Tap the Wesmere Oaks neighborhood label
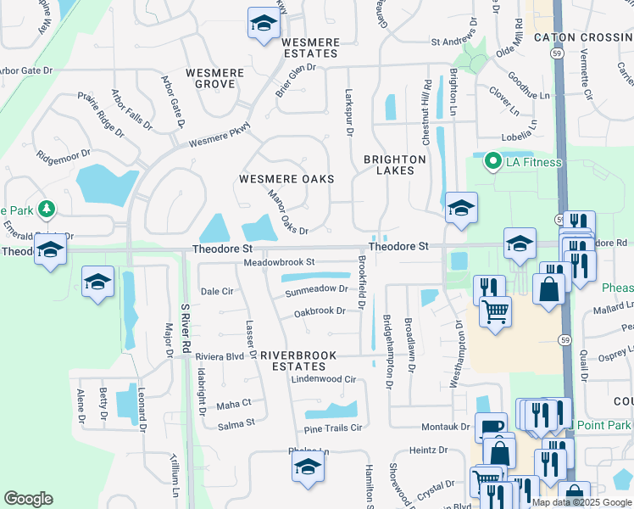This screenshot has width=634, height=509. tap(286, 179)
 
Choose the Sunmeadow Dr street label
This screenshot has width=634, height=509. tap(316, 289)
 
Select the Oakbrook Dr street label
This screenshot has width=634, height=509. tap(320, 311)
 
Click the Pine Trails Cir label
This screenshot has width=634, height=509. tap(333, 428)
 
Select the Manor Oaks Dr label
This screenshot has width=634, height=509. tap(287, 211)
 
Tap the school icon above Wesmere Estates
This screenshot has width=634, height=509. tap(264, 23)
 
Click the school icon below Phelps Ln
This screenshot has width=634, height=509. tap(308, 466)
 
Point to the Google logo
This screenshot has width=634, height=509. tap(29, 499)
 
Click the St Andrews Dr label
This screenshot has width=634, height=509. tap(459, 41)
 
